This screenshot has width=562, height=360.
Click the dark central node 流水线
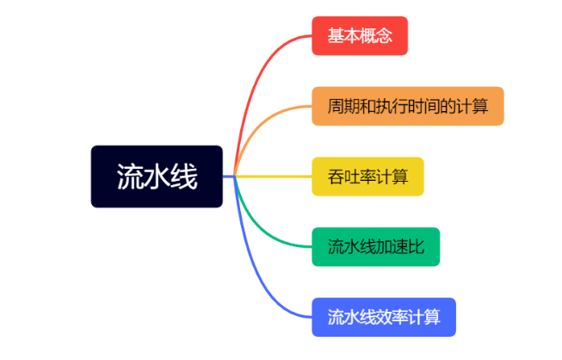[157, 177]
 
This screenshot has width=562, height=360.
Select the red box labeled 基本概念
[359, 36]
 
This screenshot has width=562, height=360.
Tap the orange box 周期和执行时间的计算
[407, 106]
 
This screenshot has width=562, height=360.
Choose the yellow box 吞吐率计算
[367, 177]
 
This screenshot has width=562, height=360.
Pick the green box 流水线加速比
[375, 247]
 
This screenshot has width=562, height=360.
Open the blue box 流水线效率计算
[383, 317]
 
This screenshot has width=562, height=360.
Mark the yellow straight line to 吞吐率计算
[275, 177]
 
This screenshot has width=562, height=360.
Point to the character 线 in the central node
[184, 177]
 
